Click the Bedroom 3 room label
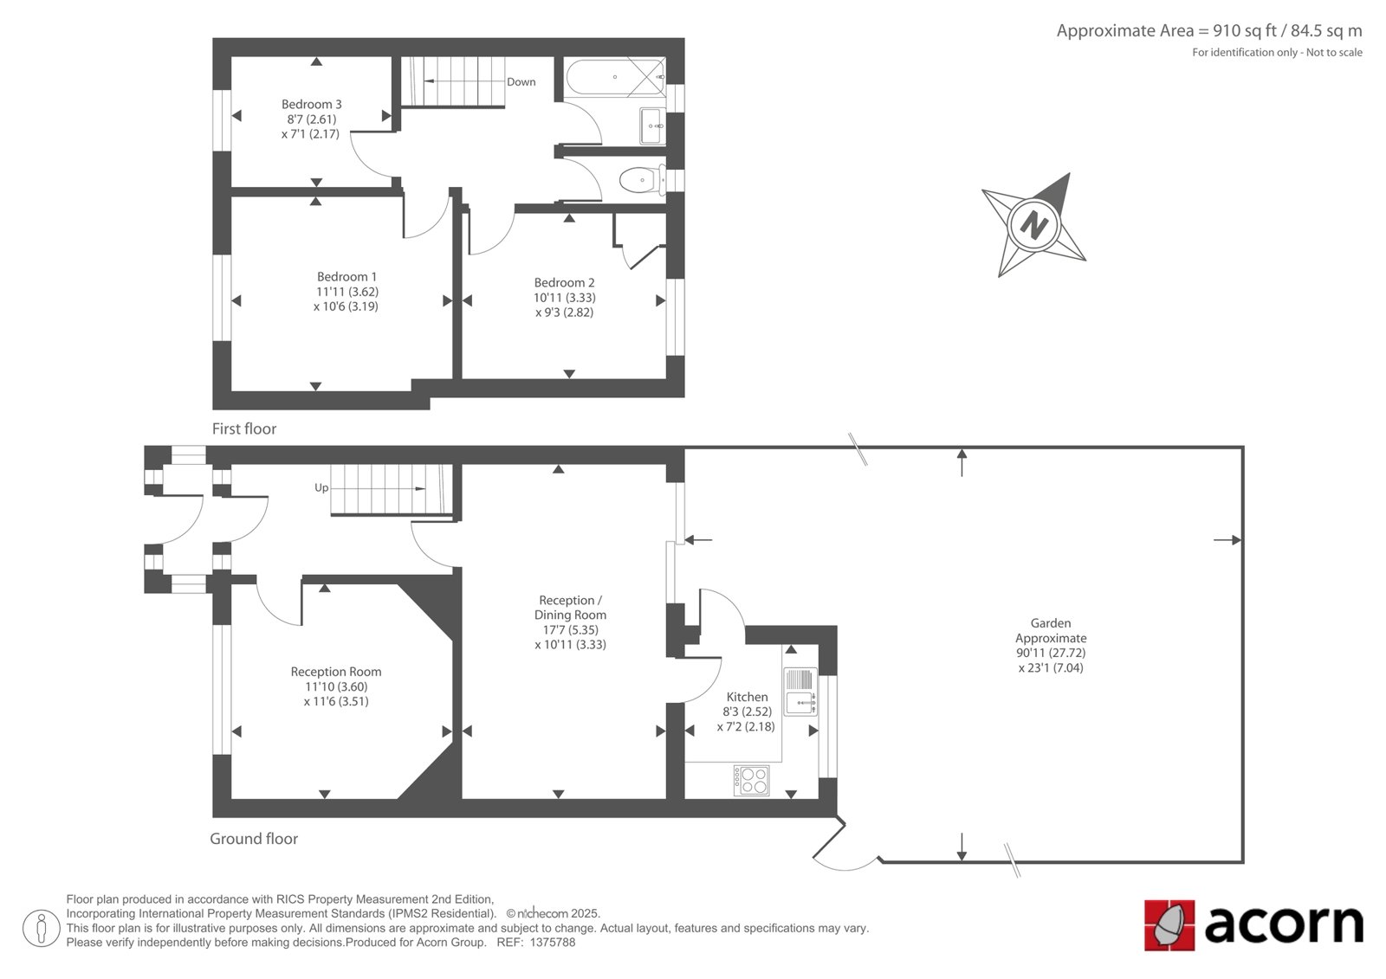(311, 104)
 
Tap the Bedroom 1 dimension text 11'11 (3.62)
(347, 292)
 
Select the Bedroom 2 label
(564, 283)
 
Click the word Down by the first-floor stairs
(521, 81)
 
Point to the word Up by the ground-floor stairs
(321, 487)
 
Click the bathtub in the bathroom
(614, 77)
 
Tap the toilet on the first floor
(643, 180)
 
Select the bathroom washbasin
(653, 126)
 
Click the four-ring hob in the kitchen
(752, 781)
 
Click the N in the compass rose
(1033, 224)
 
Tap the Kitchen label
(747, 696)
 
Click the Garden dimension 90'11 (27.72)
(1051, 653)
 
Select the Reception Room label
(336, 671)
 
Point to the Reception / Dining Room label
(570, 608)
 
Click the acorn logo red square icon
(1169, 925)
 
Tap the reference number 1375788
(553, 943)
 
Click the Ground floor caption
(254, 839)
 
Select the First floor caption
(243, 428)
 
